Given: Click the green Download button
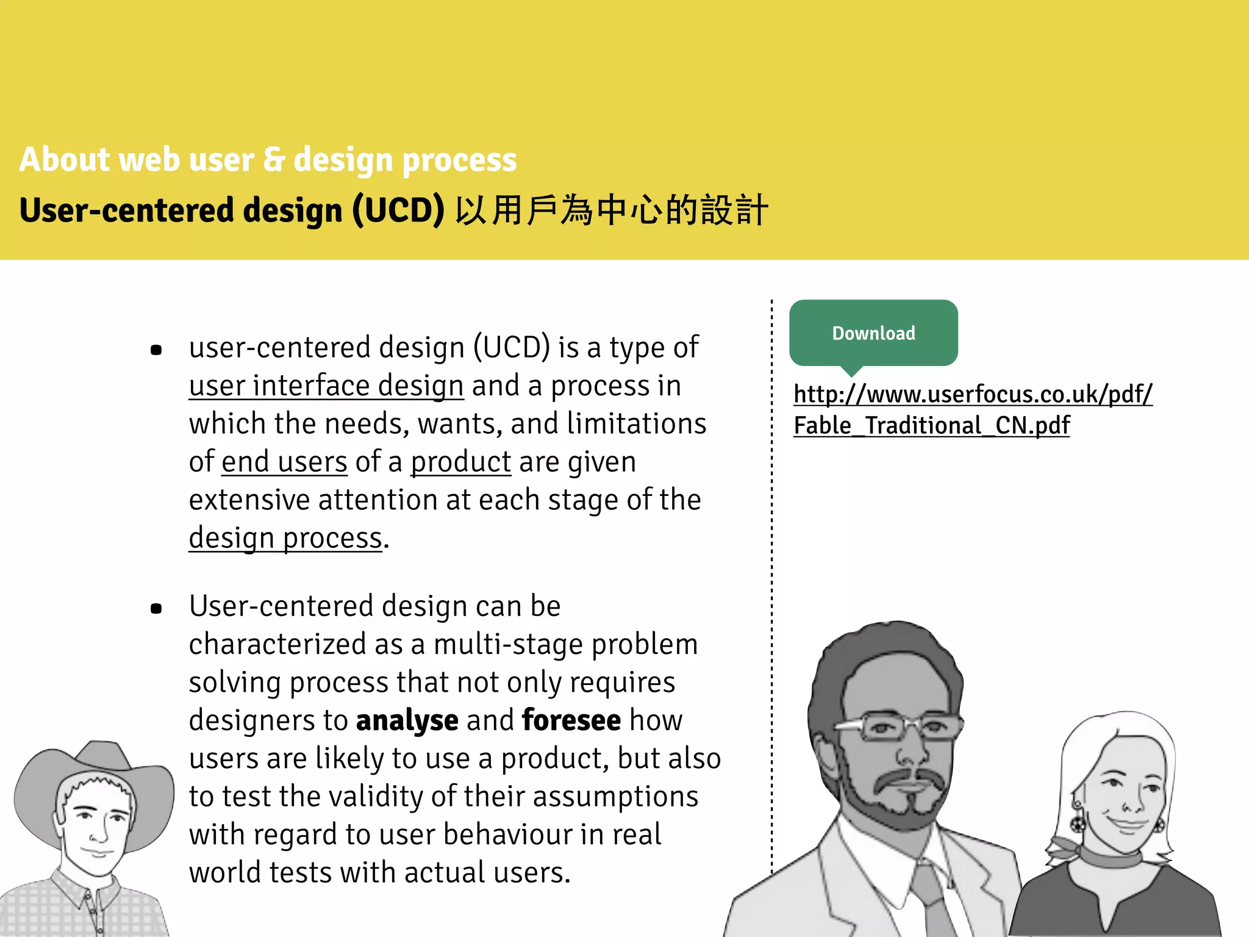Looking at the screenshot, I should click(x=873, y=333).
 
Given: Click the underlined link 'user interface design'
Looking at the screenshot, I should click(x=326, y=386).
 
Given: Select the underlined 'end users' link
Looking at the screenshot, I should click(x=284, y=462).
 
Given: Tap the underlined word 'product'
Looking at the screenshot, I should click(x=460, y=462).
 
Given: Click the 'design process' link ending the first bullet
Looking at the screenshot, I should click(x=285, y=539).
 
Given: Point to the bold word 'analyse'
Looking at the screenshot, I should click(x=407, y=721).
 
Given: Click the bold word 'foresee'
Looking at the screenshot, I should click(x=571, y=721).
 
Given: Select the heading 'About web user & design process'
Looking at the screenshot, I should click(x=268, y=160).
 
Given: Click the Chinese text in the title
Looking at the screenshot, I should click(x=611, y=210).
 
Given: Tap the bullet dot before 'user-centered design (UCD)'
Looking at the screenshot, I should click(x=156, y=350).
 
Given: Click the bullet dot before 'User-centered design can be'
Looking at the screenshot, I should click(x=156, y=608).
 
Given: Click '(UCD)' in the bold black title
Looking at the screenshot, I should click(x=398, y=210).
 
